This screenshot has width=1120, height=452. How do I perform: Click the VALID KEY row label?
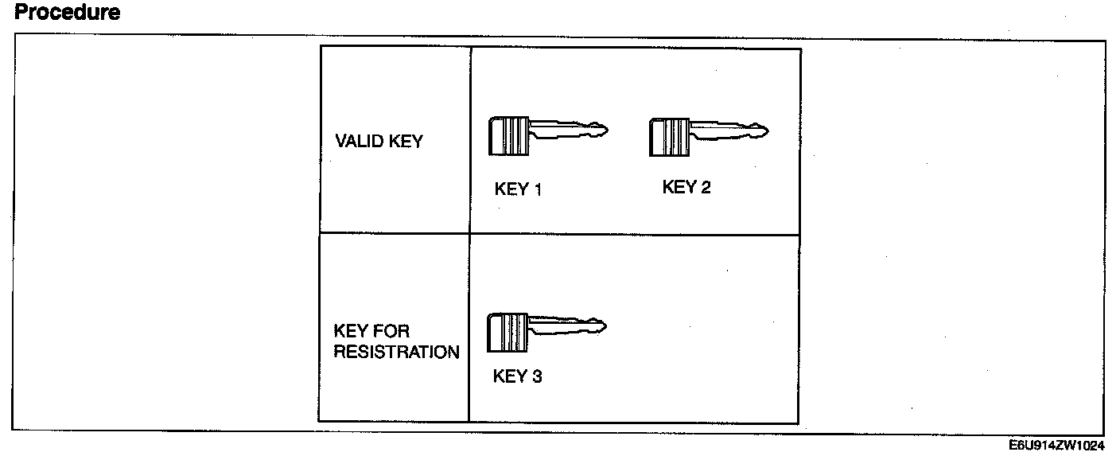[379, 142]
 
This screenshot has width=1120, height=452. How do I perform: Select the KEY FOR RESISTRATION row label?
[395, 341]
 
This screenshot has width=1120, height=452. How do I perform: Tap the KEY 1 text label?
[518, 189]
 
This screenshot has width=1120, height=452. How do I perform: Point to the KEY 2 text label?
[686, 188]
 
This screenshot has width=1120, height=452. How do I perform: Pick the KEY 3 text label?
[517, 376]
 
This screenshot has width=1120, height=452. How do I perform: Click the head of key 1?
[508, 134]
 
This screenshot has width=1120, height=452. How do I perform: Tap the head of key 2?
[667, 134]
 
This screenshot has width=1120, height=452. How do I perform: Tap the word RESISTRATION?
[395, 352]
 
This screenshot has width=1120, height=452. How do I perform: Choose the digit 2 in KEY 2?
[706, 188]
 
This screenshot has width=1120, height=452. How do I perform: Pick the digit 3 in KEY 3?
[537, 376]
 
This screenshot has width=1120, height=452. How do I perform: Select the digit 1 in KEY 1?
[538, 189]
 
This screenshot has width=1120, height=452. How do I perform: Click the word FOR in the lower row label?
[391, 331]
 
